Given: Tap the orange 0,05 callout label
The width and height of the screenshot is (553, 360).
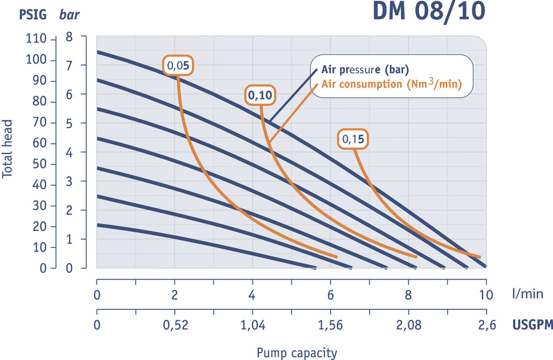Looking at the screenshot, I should (x=179, y=66).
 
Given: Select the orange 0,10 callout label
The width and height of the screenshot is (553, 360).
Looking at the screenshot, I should (x=260, y=95).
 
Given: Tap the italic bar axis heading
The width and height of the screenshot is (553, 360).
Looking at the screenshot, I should (x=70, y=14).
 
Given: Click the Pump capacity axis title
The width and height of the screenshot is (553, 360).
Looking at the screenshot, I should (x=297, y=353).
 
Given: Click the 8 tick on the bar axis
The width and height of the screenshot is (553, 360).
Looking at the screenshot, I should (x=69, y=38).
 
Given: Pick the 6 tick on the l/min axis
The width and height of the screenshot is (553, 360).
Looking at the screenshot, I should (x=331, y=295).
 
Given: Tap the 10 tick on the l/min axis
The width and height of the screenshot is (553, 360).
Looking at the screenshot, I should (x=486, y=295).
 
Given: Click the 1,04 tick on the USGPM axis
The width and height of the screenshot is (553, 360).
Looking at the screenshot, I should (x=254, y=325).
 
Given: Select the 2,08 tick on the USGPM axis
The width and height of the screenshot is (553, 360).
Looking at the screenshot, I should (x=408, y=325).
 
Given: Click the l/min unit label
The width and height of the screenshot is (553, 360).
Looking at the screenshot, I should (x=527, y=295).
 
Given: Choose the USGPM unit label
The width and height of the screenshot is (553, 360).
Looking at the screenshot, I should (x=532, y=325).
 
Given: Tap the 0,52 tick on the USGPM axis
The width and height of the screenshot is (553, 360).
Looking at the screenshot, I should (x=175, y=325).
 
